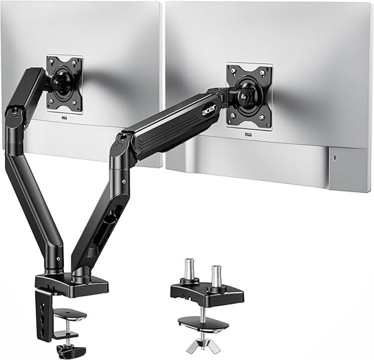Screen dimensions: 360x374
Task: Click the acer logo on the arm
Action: (209, 109)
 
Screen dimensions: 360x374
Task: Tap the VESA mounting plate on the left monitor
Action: (65, 83)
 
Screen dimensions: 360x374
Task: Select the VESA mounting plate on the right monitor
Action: (249, 95)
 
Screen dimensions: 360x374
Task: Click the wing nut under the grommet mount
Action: (203, 345)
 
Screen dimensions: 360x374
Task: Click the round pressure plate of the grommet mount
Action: (202, 324)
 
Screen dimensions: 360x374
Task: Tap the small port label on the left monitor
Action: (65, 118)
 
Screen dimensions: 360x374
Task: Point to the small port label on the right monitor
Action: (250, 135)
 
